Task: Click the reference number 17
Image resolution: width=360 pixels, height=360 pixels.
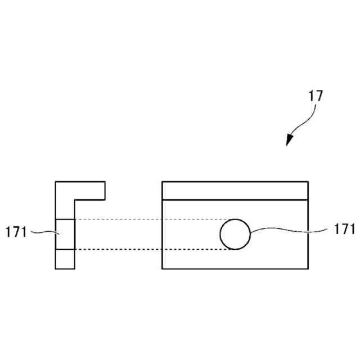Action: [316, 96]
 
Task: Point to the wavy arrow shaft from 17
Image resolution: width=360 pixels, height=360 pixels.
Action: [307, 120]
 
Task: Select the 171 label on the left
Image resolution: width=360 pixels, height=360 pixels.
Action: [16, 232]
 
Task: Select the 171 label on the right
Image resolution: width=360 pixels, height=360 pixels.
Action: [344, 229]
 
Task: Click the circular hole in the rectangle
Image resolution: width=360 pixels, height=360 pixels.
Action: [235, 234]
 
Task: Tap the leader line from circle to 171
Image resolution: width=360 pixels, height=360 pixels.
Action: [287, 229]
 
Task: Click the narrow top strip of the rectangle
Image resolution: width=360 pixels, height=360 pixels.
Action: [235, 191]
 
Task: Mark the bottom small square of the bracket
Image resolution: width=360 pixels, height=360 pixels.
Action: [65, 259]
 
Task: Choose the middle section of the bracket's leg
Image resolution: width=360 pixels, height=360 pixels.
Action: [65, 234]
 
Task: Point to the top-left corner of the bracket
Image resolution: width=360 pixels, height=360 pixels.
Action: [56, 182]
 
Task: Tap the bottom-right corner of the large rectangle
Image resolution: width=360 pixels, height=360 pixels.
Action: [308, 268]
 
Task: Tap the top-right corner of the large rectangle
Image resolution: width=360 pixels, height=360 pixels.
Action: [308, 182]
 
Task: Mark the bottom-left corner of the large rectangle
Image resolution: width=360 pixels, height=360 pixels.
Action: [163, 268]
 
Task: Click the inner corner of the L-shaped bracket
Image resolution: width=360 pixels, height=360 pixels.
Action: [75, 200]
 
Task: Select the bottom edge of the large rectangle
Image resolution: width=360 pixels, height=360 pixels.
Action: [235, 268]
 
